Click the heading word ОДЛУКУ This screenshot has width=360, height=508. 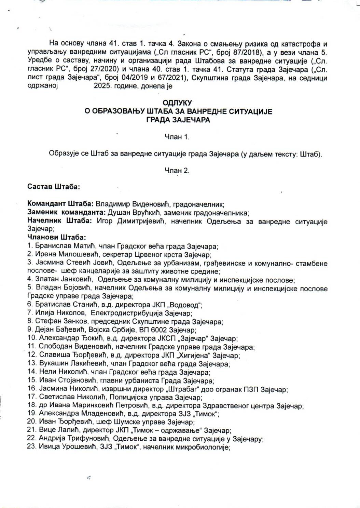[177, 103]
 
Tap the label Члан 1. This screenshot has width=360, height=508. [177, 137]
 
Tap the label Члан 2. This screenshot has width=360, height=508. [177, 170]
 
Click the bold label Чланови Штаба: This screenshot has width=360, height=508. [56, 237]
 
